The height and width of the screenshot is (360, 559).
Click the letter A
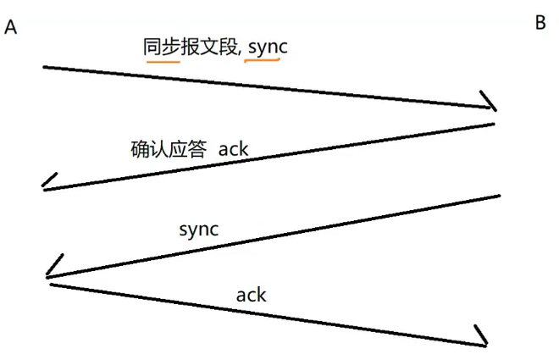pos(11,28)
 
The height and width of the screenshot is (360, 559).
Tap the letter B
pos(540,24)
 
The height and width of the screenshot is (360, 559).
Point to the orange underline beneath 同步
pos(162,60)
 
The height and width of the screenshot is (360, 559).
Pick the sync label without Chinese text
pos(199,229)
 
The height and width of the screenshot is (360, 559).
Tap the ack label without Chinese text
pos(252,295)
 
